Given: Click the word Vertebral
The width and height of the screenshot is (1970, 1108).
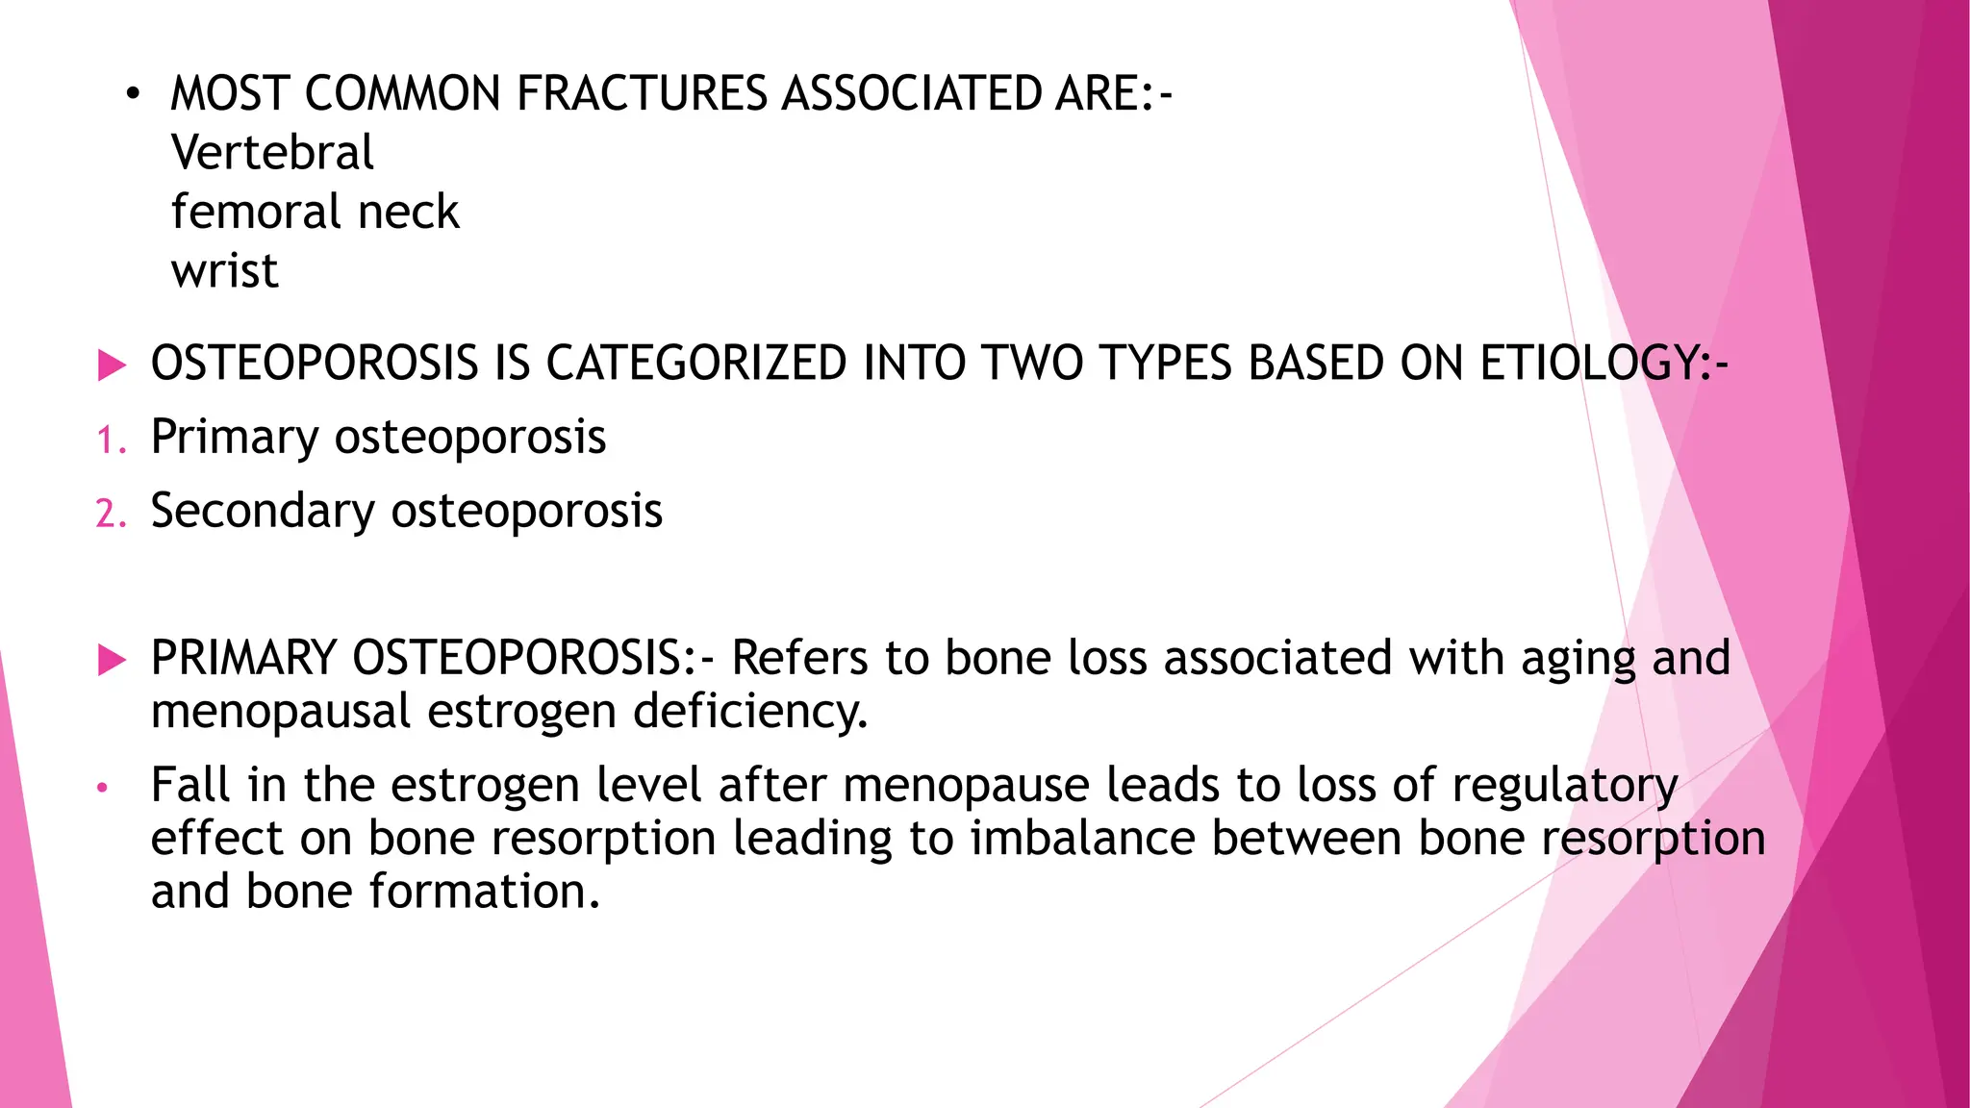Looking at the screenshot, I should [x=272, y=153].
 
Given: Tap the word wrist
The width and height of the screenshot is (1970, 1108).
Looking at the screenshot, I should [x=225, y=271].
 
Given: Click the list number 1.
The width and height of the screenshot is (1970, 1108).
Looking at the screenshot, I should [x=110, y=441].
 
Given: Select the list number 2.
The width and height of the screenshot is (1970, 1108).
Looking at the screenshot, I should [x=110, y=514].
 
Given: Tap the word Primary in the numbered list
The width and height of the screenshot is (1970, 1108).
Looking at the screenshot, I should [x=234, y=439].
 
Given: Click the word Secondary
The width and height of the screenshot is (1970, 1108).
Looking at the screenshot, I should [x=262, y=511].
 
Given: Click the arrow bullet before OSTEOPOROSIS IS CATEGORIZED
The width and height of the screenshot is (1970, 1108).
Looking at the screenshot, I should [x=113, y=365].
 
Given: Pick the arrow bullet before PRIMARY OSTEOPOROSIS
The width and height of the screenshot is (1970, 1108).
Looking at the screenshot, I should [x=113, y=660].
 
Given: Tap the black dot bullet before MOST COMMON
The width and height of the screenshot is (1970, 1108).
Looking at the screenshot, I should [x=132, y=95].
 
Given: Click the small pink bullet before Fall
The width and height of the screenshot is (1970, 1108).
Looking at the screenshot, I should [x=102, y=789].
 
